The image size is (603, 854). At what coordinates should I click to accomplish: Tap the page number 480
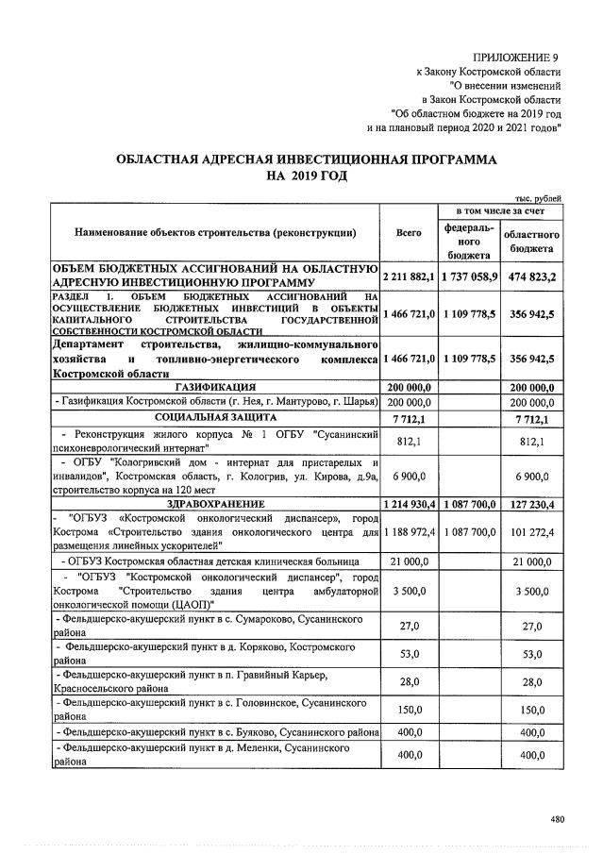pos(557,819)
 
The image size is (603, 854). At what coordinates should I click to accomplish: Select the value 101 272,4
pos(531,532)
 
